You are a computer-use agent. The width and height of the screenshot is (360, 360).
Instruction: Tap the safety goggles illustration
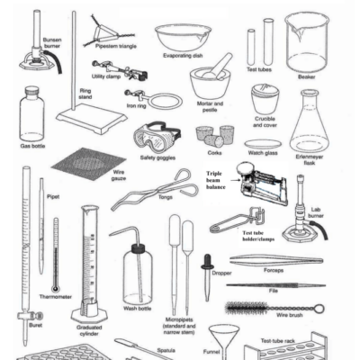point(157,138)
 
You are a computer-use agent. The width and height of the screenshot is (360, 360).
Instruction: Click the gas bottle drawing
point(32,113)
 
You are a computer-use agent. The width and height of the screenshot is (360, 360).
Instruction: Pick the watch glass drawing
point(262,145)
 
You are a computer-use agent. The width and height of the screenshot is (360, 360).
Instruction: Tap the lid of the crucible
point(264,92)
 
